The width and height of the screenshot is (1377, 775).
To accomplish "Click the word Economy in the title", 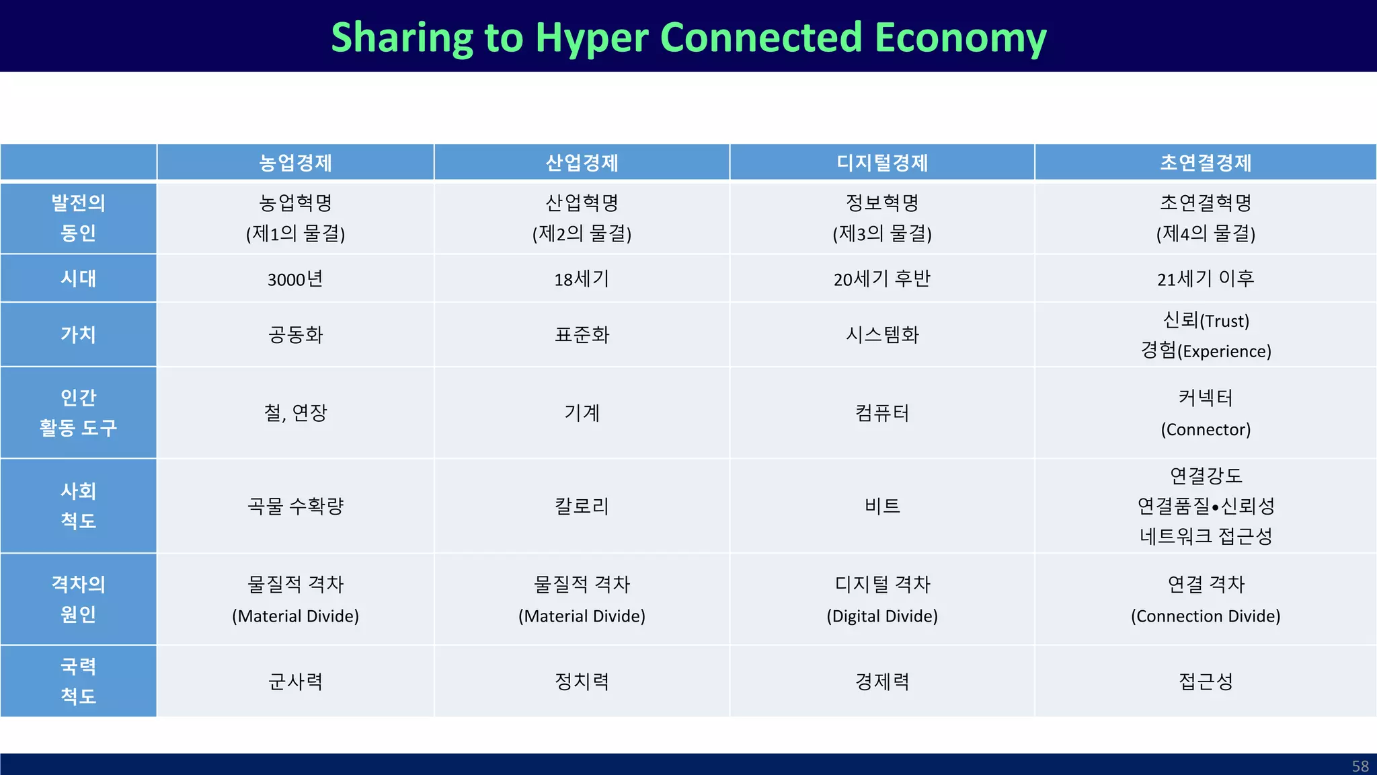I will click(961, 37).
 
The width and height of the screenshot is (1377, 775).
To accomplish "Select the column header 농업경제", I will click(295, 163).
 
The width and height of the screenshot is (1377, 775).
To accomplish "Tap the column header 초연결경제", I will click(1206, 163).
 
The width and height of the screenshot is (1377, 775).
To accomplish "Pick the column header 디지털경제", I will click(881, 163).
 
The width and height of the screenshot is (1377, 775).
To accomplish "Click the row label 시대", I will click(78, 279).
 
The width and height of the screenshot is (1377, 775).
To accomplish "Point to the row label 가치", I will click(78, 334).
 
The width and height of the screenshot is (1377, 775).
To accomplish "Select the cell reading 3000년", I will click(295, 279).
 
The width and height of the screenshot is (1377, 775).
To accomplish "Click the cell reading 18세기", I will click(582, 279).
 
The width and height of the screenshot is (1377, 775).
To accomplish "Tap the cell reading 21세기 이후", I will click(1206, 279).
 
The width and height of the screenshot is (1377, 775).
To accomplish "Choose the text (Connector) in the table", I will click(1206, 429).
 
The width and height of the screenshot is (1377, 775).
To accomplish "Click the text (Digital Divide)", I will click(881, 616).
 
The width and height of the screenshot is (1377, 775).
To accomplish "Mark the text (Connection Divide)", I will click(1206, 616).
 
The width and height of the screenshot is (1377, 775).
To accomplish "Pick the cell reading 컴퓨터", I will click(881, 413).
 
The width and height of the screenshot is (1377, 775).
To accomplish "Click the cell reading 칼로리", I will click(582, 506).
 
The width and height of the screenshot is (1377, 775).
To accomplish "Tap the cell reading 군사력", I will click(295, 681).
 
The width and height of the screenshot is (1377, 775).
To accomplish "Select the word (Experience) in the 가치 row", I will click(1224, 352).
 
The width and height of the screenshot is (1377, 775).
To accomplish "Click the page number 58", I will click(1360, 766).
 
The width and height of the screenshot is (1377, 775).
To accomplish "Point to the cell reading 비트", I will click(881, 506).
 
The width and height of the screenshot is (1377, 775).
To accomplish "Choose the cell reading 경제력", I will click(881, 681).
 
